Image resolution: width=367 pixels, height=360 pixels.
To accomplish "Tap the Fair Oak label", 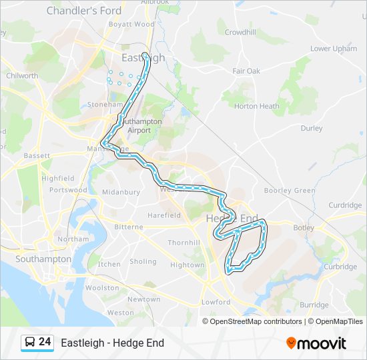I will click(246, 71).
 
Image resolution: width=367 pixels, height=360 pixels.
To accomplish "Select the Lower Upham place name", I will click(334, 49).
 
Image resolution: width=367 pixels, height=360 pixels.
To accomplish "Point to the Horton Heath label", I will click(256, 106).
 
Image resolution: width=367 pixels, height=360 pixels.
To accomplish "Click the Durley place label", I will click(312, 128).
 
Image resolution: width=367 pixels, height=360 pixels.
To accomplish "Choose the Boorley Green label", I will click(290, 191).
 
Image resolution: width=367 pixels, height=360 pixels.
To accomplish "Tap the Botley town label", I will click(304, 227).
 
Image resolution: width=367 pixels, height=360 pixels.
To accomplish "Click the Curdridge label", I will click(345, 205).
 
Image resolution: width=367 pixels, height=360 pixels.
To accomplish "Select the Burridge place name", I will click(314, 305).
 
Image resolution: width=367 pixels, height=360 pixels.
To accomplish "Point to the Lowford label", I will click(216, 302).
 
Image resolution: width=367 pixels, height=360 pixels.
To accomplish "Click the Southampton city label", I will click(43, 259).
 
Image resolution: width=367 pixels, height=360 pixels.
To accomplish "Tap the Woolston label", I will click(102, 288).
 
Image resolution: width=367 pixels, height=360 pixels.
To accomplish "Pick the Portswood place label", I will click(68, 190).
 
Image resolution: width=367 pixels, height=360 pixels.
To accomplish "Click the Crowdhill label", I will click(241, 32).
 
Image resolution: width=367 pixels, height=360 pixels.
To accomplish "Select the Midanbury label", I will click(121, 192).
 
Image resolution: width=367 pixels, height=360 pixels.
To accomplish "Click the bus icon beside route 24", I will click(30, 343).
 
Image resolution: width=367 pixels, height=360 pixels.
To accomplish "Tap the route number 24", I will click(45, 342).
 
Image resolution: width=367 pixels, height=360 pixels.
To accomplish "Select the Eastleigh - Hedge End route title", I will click(112, 343).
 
